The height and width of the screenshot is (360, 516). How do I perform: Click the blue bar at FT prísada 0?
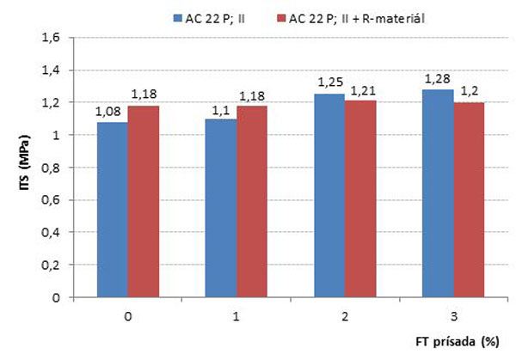112,211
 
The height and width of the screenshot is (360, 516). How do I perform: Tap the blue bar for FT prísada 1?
222,209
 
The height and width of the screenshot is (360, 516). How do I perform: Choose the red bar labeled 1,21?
361,199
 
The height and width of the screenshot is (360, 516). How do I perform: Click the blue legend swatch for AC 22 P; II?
176,16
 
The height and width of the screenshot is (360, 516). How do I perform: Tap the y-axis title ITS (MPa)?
25,168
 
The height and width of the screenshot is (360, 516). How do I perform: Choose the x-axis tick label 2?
346,315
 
